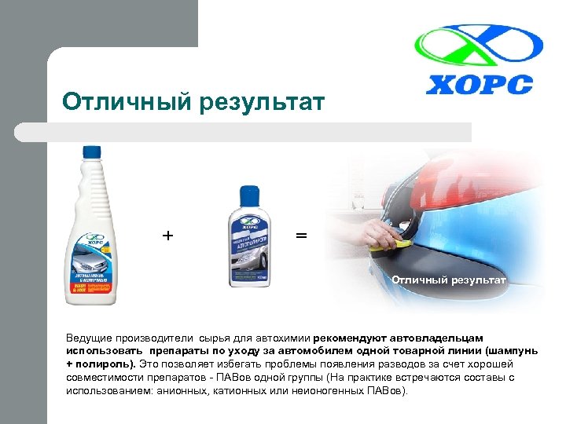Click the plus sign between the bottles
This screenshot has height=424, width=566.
[x=167, y=235]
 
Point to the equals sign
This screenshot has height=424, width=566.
[x=301, y=235]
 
